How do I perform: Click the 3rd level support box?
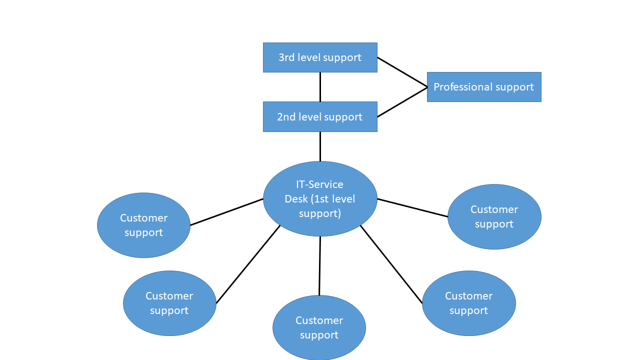click(320, 57)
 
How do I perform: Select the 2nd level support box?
click(320, 116)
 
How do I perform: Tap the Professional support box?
click(484, 87)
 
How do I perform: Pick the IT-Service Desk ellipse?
click(320, 199)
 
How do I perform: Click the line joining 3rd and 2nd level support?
click(320, 87)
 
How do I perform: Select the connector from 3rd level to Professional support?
click(402, 72)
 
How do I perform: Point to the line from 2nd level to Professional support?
click(402, 102)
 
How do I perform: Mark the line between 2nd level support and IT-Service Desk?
click(320, 146)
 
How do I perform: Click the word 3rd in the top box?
click(286, 57)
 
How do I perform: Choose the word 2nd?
click(286, 117)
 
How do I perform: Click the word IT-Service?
click(319, 184)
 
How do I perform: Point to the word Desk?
click(296, 199)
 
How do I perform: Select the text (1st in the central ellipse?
click(320, 199)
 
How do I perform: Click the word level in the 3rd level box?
click(307, 57)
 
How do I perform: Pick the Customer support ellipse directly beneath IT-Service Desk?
click(319, 327)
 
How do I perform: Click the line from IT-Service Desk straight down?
click(319, 265)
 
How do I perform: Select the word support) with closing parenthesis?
click(320, 214)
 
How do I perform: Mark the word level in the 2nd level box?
click(308, 117)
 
